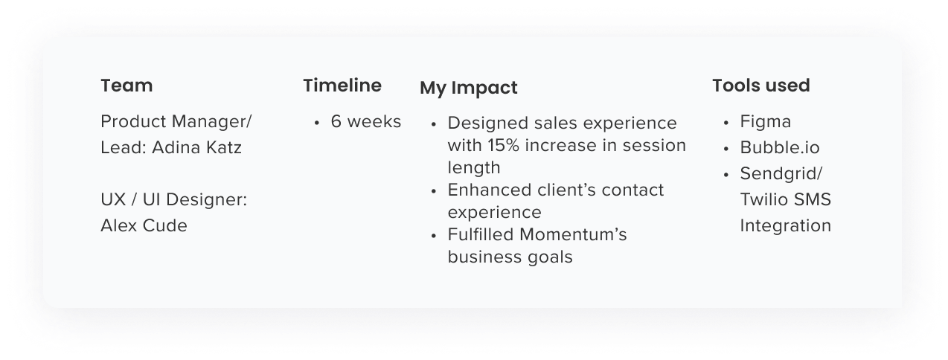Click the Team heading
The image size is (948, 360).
126,86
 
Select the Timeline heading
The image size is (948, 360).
342,86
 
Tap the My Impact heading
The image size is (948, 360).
468,88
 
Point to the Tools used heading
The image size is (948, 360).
760,86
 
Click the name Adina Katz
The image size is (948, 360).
197,147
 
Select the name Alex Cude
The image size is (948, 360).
144,225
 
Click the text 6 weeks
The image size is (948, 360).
365,121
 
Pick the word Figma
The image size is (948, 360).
765,121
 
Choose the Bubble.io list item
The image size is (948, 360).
779,147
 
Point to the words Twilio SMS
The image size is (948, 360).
785,199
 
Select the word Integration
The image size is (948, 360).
785,225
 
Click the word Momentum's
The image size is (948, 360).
573,235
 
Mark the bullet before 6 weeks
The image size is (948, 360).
317,123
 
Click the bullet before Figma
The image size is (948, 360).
726,123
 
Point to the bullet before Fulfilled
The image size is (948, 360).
434,236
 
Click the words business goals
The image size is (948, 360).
510,257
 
